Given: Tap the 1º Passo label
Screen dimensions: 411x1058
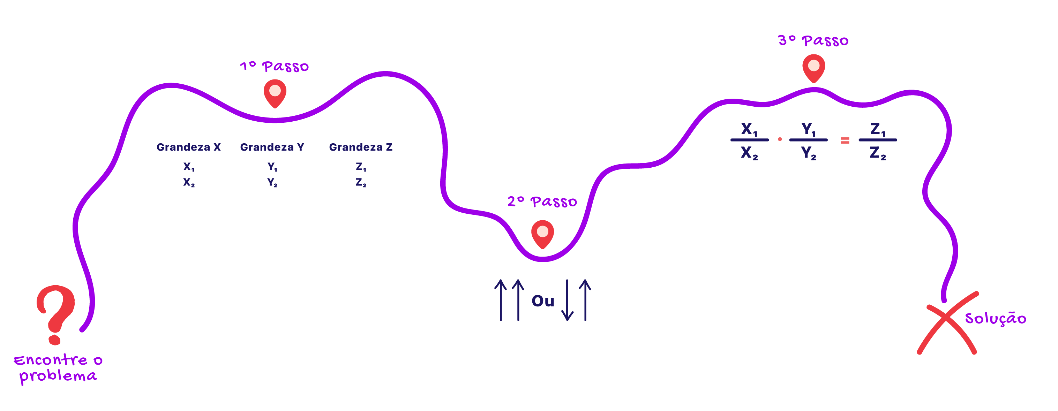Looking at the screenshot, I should click(275, 67).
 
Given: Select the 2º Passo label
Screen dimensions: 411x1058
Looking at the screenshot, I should click(542, 201).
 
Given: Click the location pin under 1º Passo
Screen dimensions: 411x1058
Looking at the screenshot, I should click(275, 93).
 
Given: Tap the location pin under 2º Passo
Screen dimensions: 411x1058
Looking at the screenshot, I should click(542, 234).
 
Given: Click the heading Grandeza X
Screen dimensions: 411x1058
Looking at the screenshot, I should click(188, 147).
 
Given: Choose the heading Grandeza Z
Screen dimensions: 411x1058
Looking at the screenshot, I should click(361, 147).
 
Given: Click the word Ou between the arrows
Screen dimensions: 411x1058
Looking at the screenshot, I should click(543, 301).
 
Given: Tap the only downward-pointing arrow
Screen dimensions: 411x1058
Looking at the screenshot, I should click(567, 300).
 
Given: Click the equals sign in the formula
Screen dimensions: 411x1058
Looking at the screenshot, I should click(845, 141).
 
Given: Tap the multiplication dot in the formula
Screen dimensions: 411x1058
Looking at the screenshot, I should click(780, 139).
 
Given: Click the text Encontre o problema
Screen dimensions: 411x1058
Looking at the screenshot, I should click(58, 368).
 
